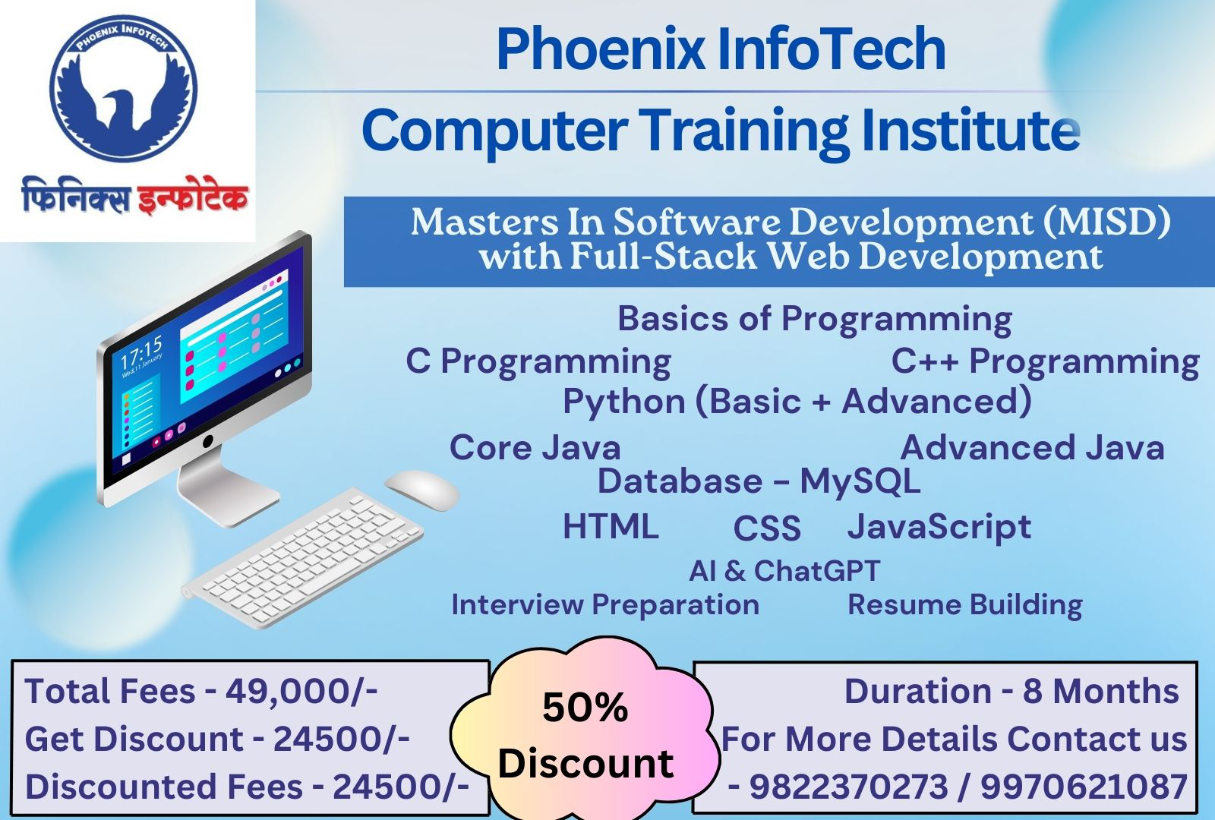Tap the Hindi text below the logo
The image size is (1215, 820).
pos(134,196)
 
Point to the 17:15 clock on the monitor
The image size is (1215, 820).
pos(141,354)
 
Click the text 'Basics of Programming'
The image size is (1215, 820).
pos(814,318)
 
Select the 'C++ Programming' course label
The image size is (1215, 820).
pos(1045,361)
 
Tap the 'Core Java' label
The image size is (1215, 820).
pos(535,447)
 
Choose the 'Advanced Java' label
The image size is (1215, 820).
pos(1032,447)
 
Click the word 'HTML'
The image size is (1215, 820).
pos(611,526)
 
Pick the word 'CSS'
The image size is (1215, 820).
pos(767,528)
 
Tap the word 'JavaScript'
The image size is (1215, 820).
pos(939,526)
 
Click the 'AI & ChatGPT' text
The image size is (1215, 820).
pos(784,570)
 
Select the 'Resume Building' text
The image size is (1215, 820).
pos(964,604)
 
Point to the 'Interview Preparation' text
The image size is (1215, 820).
pos(605,604)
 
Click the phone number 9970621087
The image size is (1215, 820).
pos(1084,787)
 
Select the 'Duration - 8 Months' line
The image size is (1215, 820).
pos(1011,691)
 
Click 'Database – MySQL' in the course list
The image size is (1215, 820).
pos(759,481)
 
